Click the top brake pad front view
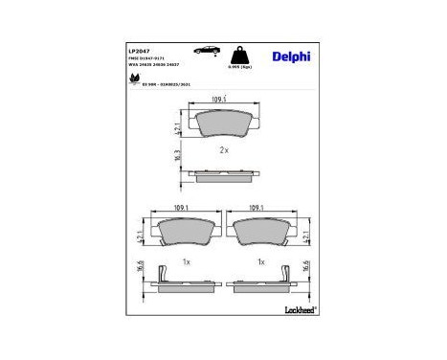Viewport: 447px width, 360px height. point(222,123)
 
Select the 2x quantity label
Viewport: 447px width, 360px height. point(223,150)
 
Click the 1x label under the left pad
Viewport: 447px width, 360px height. point(187,261)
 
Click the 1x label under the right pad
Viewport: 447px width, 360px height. point(260,261)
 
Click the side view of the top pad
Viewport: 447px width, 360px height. point(222,174)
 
